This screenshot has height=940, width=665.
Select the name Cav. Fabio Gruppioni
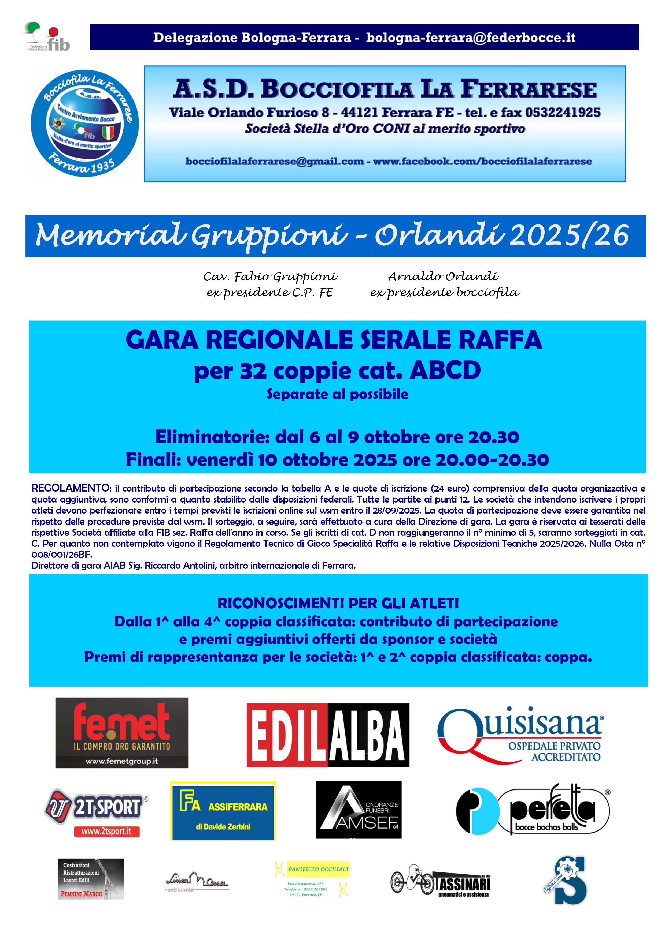pos(271,277)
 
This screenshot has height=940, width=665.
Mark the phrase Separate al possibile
pos(337,394)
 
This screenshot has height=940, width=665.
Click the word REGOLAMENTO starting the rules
pos(71,488)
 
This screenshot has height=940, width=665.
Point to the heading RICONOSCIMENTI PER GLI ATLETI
pos(338,603)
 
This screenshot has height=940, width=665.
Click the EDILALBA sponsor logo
pos(328,735)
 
